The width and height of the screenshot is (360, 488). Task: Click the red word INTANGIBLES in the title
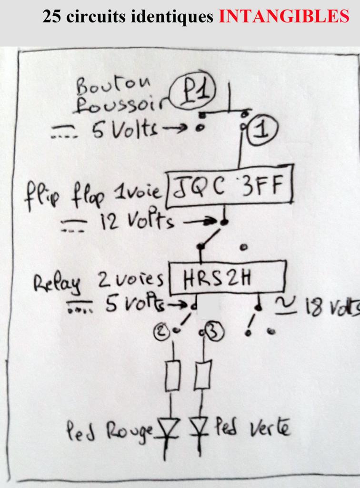point(284,17)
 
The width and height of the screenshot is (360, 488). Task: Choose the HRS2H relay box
point(227,277)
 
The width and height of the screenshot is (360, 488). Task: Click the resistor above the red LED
point(172,377)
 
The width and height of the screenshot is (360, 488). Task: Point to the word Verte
point(269,429)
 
